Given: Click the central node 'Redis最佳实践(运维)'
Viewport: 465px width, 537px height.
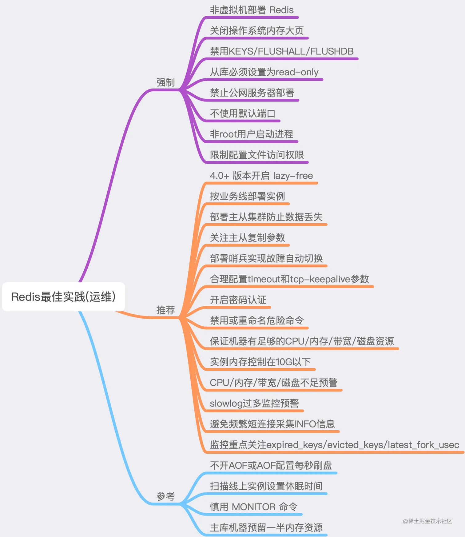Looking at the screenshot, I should (x=63, y=297).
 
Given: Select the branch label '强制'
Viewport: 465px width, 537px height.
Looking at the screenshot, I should (x=165, y=82).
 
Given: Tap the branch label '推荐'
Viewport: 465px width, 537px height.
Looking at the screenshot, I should (x=165, y=310).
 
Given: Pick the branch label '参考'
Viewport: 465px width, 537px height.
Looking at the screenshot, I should (x=165, y=496).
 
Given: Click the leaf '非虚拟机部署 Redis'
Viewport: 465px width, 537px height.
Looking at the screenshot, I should (x=252, y=10).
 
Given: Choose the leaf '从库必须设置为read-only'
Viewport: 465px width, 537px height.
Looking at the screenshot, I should (x=264, y=72).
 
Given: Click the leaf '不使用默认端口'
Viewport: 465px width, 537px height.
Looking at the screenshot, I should (x=242, y=113).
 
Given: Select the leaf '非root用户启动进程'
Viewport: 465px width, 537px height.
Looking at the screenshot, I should (x=252, y=134).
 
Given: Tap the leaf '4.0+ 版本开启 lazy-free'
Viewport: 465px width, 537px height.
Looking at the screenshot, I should (x=261, y=176).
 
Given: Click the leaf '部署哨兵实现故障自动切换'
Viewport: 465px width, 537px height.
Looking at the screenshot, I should (x=266, y=258).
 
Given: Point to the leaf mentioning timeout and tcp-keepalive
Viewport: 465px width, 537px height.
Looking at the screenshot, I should (x=289, y=279).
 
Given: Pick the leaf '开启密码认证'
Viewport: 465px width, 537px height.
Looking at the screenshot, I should (x=238, y=300).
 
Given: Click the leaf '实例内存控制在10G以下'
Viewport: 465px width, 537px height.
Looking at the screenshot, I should (x=260, y=362).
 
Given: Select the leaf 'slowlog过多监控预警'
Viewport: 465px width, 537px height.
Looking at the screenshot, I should (x=254, y=403).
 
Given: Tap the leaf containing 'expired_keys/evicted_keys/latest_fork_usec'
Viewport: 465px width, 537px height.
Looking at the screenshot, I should (x=334, y=445).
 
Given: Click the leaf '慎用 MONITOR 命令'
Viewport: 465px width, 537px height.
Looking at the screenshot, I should (x=254, y=507).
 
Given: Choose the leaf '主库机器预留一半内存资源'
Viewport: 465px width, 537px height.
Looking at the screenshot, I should (x=266, y=528).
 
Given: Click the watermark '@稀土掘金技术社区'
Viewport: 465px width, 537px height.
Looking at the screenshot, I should (x=427, y=521).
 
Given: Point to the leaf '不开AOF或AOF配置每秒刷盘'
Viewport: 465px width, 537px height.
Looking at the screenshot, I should (x=271, y=465).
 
